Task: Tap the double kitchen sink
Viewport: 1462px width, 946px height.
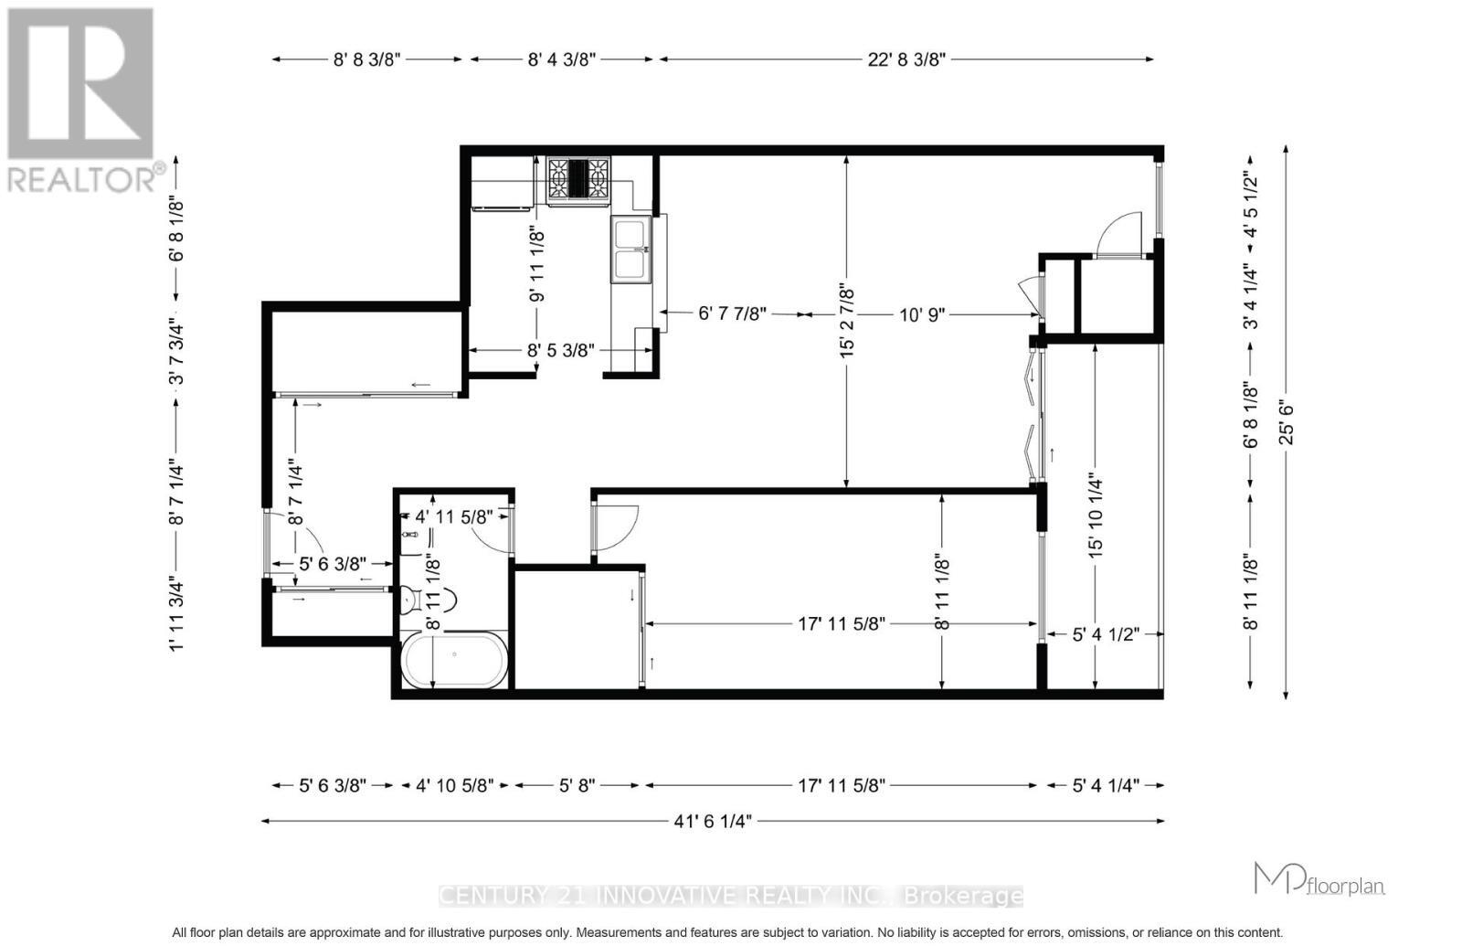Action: pos(631,249)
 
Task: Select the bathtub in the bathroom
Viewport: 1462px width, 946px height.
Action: pos(454,661)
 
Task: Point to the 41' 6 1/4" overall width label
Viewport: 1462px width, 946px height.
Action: pos(713,821)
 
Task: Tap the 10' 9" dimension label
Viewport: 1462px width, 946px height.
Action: pos(922,314)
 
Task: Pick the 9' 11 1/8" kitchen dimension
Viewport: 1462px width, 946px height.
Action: pos(537,266)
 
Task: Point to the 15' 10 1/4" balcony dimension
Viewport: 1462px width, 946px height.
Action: pos(1096,515)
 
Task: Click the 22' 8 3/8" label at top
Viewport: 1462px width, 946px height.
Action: pos(906,59)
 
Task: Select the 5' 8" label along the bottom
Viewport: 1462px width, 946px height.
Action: pos(577,785)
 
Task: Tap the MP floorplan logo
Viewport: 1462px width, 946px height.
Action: pos(1319,880)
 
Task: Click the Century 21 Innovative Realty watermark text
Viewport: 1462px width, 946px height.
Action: pos(731,897)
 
